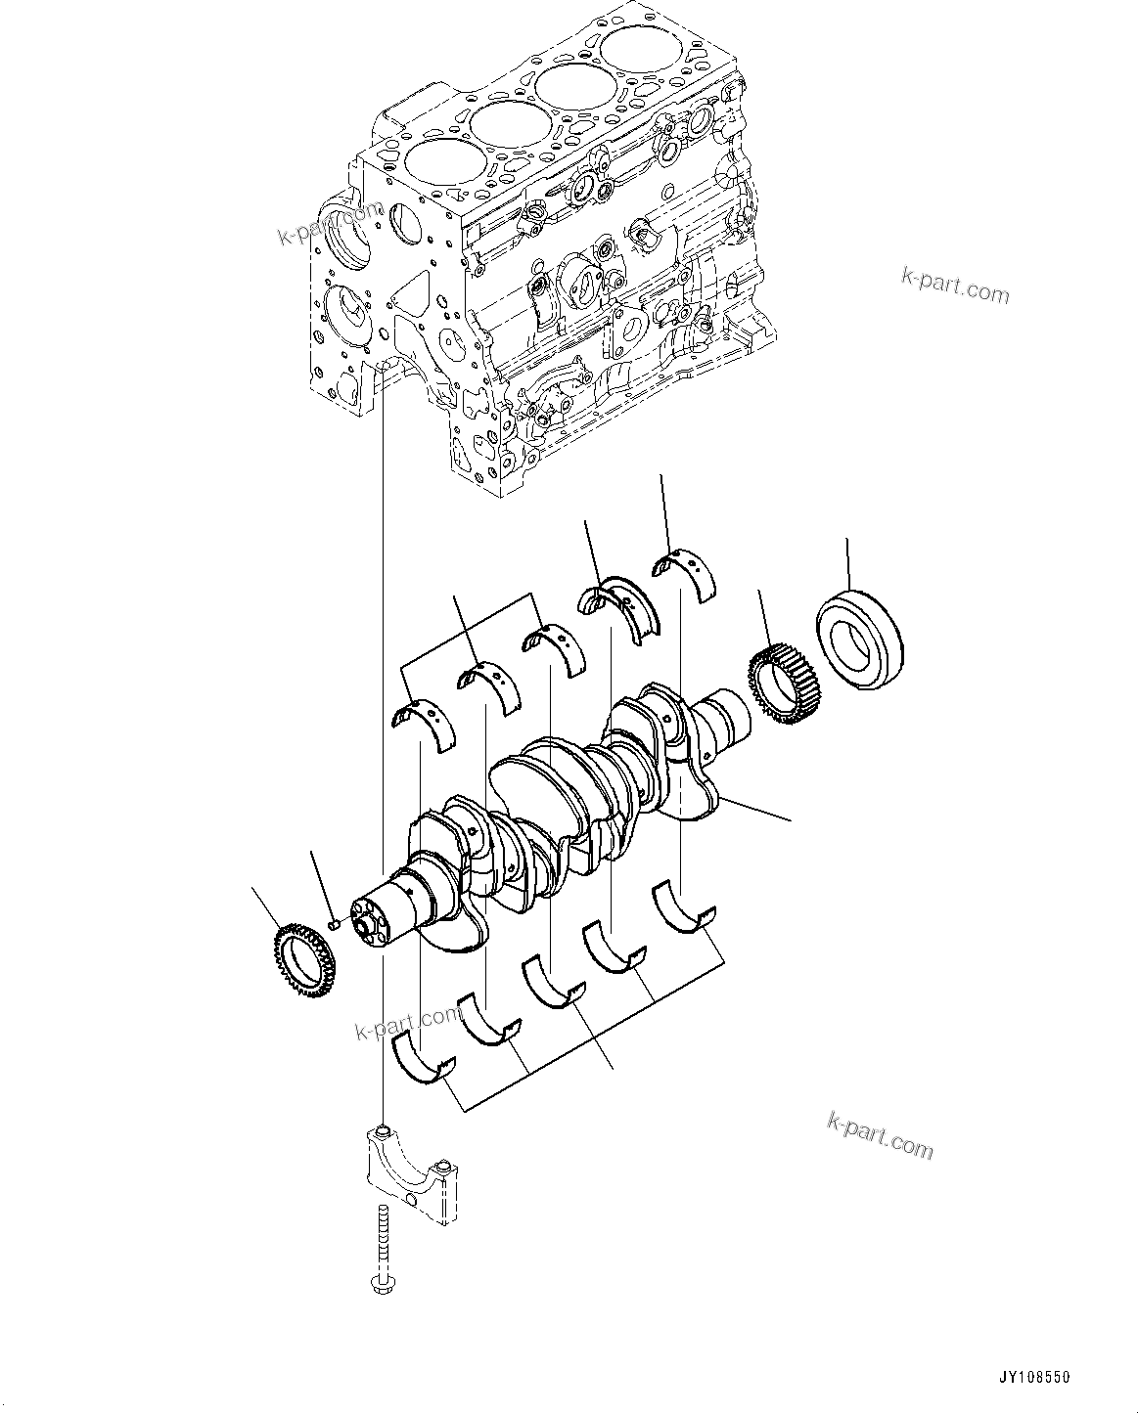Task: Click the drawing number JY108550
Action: coord(1036,1377)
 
